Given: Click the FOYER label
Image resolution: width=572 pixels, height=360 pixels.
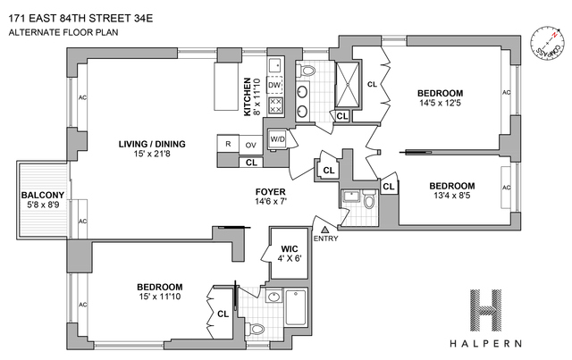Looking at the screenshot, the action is [x=270, y=190].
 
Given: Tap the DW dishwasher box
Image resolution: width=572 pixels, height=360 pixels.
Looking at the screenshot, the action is [x=275, y=85].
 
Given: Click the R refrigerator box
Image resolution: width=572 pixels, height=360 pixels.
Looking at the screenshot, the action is [x=229, y=145].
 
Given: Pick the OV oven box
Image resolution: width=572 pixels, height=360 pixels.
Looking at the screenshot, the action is [x=251, y=145].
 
